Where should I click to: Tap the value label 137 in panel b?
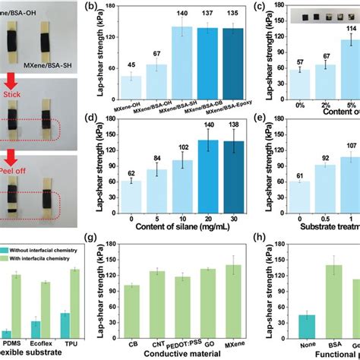pos(205,14)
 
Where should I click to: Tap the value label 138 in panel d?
pos(229,124)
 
